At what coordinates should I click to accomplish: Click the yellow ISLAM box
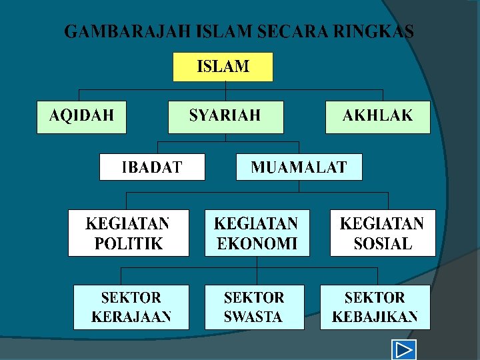coord(223,67)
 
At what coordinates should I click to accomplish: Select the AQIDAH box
coord(81,116)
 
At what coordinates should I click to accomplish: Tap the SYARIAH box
coord(225,116)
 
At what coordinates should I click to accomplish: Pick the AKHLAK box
coord(377,116)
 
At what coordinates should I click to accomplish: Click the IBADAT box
coord(152,167)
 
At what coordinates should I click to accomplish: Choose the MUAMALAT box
coord(299,167)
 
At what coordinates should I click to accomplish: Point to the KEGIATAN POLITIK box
coord(128,233)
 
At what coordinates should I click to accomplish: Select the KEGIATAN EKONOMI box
coord(257,233)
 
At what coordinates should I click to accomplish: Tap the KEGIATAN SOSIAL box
coord(382,233)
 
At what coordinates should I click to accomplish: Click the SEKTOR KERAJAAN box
coord(131,307)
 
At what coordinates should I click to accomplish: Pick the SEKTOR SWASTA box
coord(254,307)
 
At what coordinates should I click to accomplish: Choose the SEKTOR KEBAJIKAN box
coord(375,307)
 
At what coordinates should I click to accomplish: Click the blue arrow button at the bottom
coord(403,350)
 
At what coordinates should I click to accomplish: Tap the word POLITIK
coord(129,243)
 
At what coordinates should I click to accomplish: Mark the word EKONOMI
coord(257,243)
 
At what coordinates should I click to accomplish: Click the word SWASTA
coord(253,317)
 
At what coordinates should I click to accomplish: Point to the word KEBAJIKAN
coord(375,317)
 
